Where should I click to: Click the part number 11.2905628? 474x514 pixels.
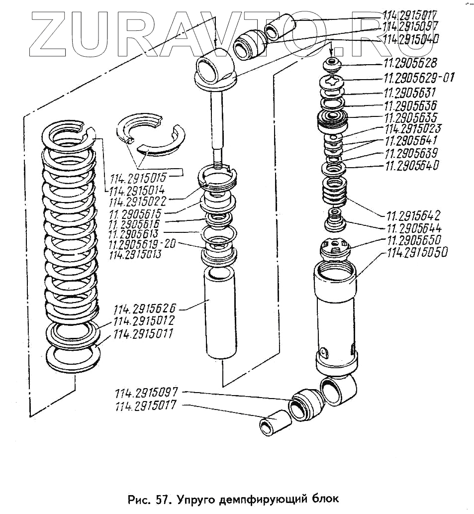[x=410, y=63]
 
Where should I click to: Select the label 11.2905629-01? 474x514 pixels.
[x=418, y=78]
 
